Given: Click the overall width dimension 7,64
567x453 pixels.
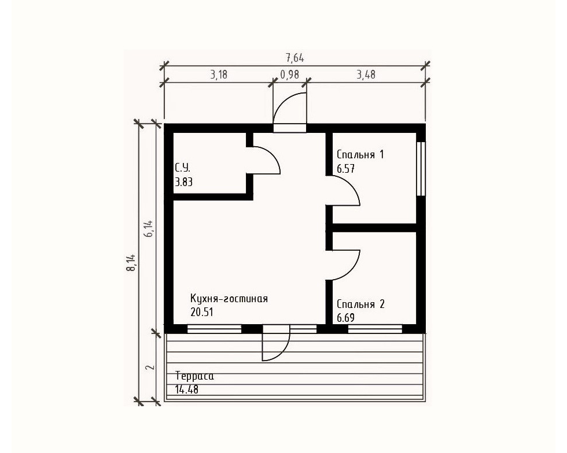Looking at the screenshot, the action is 294,58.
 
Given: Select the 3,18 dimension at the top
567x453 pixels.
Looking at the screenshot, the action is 219,75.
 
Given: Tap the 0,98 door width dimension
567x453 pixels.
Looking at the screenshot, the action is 290,74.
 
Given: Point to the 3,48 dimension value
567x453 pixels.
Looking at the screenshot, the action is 366,75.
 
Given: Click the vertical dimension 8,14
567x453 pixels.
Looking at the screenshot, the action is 131,263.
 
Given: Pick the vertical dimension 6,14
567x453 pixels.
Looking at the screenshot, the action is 149,229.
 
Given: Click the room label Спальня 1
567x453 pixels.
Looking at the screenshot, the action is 360,155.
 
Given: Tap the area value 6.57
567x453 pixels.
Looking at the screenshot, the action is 346,169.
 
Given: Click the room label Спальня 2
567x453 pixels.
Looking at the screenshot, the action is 360,304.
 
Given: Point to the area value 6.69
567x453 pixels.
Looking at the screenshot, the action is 346,318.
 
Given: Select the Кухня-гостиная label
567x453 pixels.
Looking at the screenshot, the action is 229,299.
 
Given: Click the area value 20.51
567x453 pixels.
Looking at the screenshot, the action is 202,312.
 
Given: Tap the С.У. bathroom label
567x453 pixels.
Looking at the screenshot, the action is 183,168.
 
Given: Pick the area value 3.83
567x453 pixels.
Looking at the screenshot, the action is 184,182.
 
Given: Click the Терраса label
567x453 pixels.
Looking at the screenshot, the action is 194,376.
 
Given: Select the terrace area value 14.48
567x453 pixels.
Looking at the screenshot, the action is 186,389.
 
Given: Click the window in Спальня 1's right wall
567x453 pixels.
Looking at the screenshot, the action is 421,169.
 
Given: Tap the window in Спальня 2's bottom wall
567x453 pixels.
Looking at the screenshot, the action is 375,329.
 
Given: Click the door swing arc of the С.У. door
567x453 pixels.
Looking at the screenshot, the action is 273,155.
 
